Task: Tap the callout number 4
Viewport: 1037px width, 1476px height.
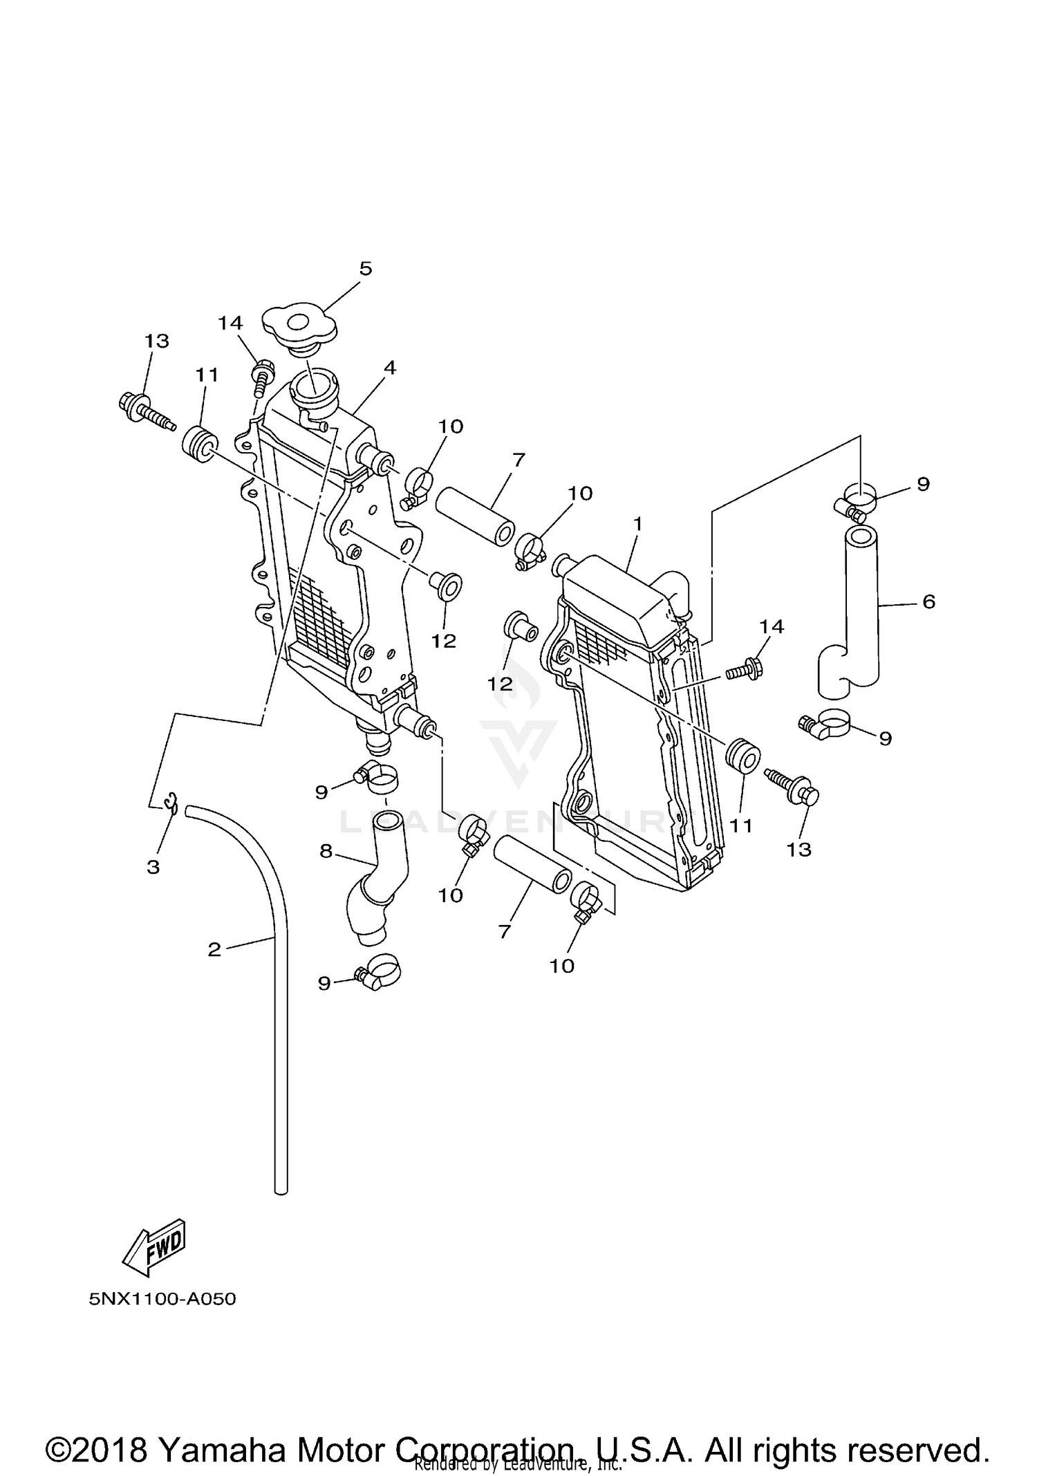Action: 390,368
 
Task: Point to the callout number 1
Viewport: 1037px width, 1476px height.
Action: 637,525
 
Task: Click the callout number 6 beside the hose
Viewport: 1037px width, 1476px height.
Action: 928,601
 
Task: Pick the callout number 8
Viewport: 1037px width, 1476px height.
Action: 326,852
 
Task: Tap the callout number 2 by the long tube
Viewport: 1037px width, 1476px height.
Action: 214,950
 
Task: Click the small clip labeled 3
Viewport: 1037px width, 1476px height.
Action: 171,805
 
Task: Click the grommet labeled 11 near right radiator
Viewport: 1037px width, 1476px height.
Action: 742,755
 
